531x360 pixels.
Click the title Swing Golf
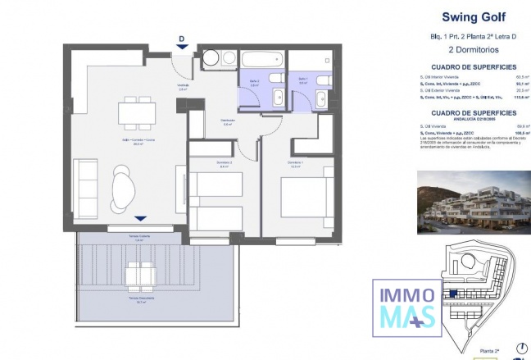point(467,16)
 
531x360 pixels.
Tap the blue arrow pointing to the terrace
point(141,218)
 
